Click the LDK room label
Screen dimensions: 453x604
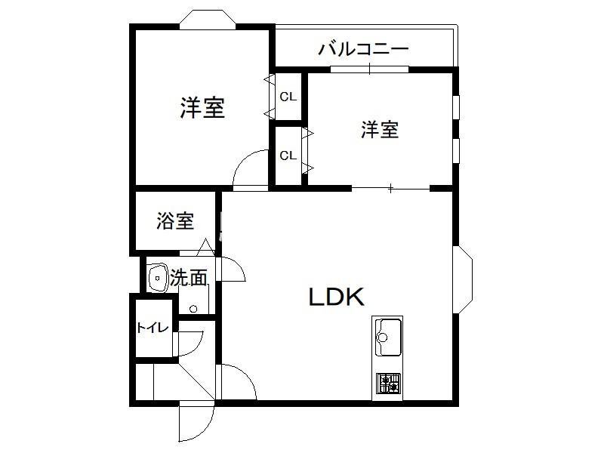pyautogui.click(x=337, y=297)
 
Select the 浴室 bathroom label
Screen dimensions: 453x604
pyautogui.click(x=175, y=221)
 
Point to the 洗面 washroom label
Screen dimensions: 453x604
pyautogui.click(x=188, y=278)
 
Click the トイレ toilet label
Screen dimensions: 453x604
pyautogui.click(x=151, y=328)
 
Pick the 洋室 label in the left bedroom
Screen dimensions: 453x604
pyautogui.click(x=202, y=108)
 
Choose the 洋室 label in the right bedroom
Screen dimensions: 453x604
pyautogui.click(x=379, y=130)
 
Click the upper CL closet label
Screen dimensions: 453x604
pyautogui.click(x=288, y=97)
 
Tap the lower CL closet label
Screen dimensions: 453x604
pyautogui.click(x=288, y=156)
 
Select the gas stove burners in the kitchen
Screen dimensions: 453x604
pyautogui.click(x=388, y=384)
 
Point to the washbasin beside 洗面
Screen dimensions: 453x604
pyautogui.click(x=158, y=278)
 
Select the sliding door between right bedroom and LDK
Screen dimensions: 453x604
pyautogui.click(x=390, y=187)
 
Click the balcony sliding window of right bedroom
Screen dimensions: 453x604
pyautogui.click(x=369, y=69)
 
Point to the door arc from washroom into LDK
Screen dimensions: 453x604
pyautogui.click(x=230, y=270)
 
